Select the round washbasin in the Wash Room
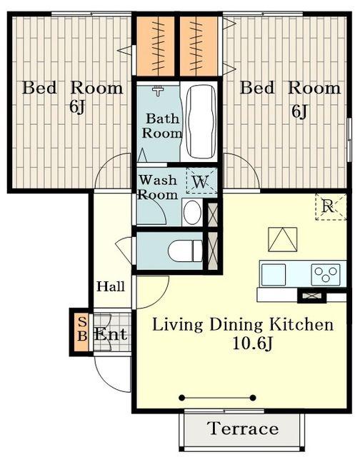tap(192, 212)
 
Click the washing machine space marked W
tap(201, 181)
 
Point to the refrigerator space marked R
tap(331, 206)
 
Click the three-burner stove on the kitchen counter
tap(326, 274)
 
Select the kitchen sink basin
tap(274, 274)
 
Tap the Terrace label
tap(243, 428)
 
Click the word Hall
tap(111, 286)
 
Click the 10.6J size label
tap(252, 343)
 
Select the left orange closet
tap(156, 46)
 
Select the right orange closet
tap(199, 46)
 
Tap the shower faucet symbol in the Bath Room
tap(158, 91)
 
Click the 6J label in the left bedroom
tap(77, 107)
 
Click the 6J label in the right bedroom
tap(299, 111)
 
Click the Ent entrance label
tap(111, 334)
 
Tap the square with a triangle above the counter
tap(282, 239)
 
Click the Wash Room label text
tap(158, 187)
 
